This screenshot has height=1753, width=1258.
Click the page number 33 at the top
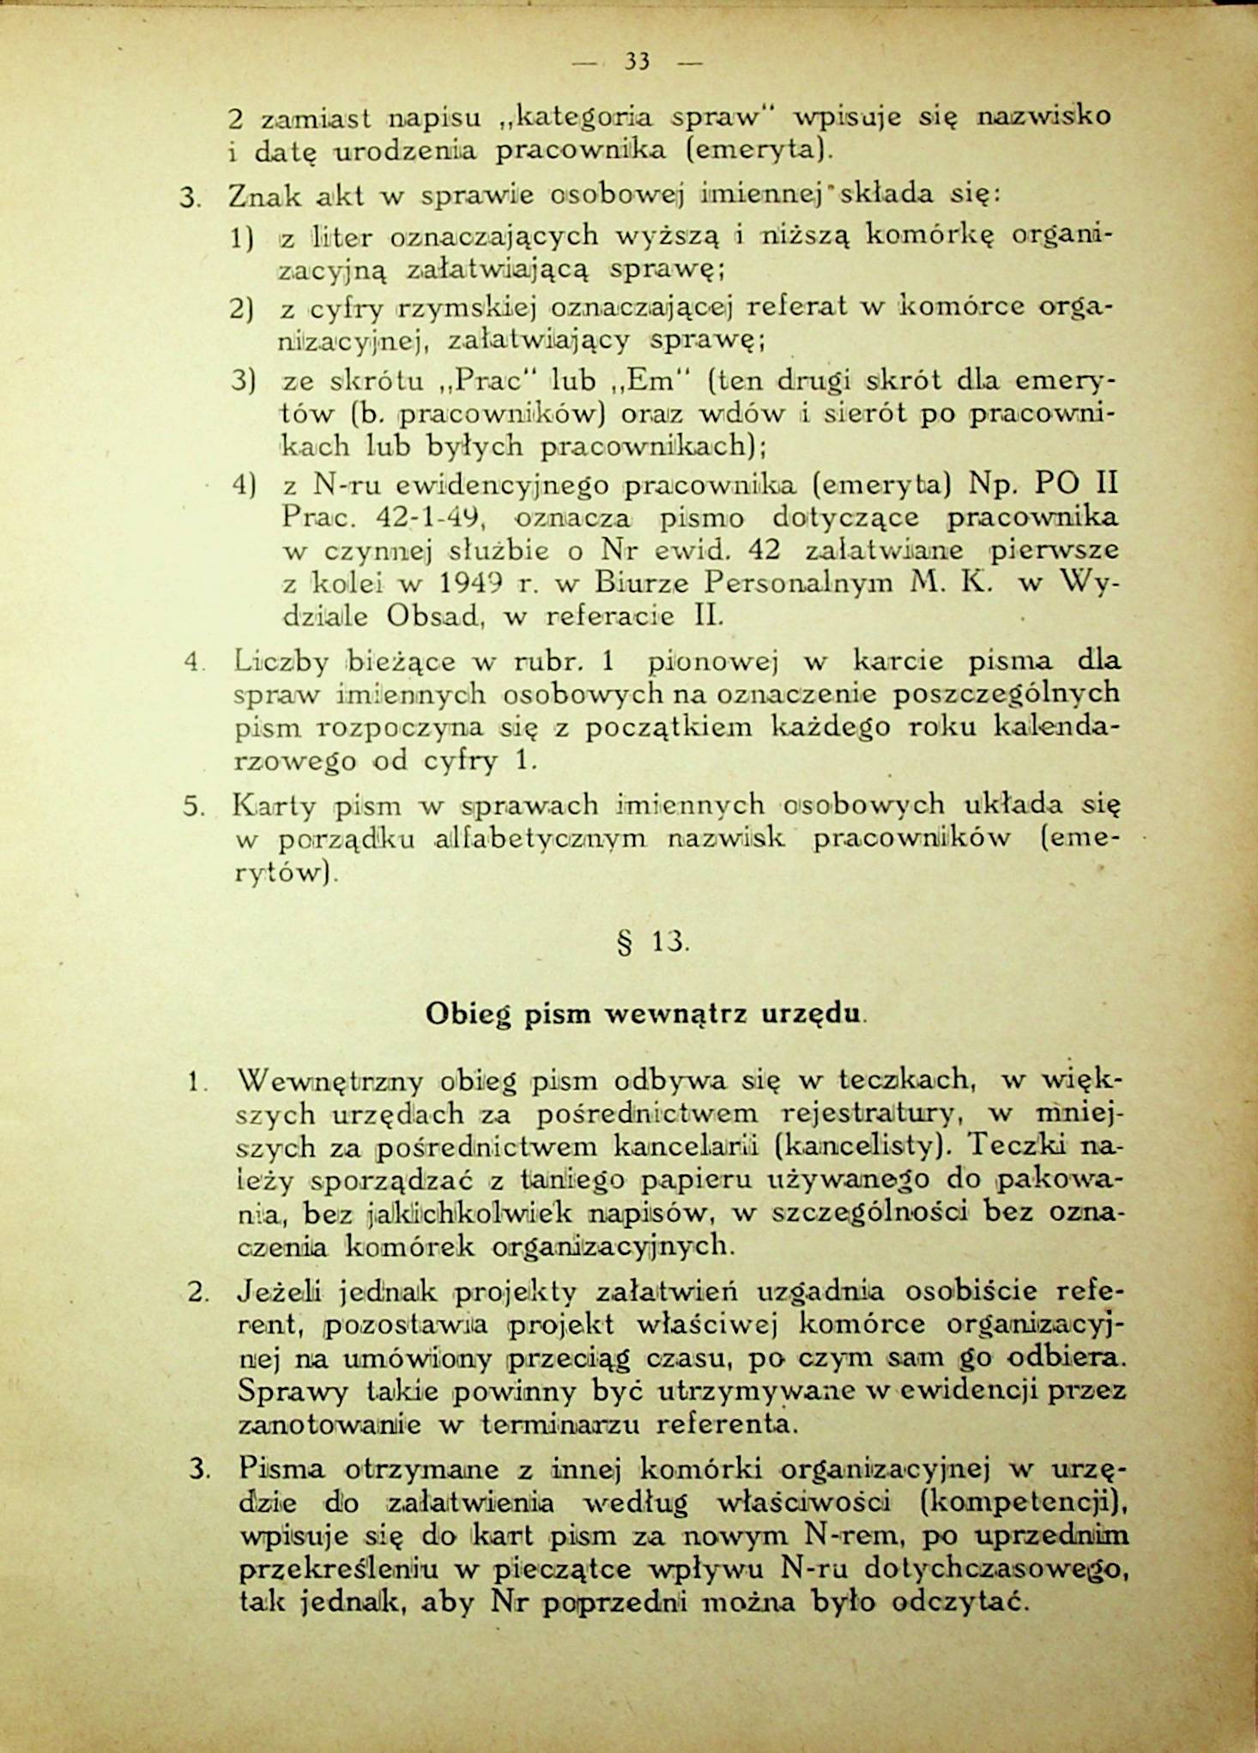[636, 61]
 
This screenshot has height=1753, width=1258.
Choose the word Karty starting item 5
[273, 806]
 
